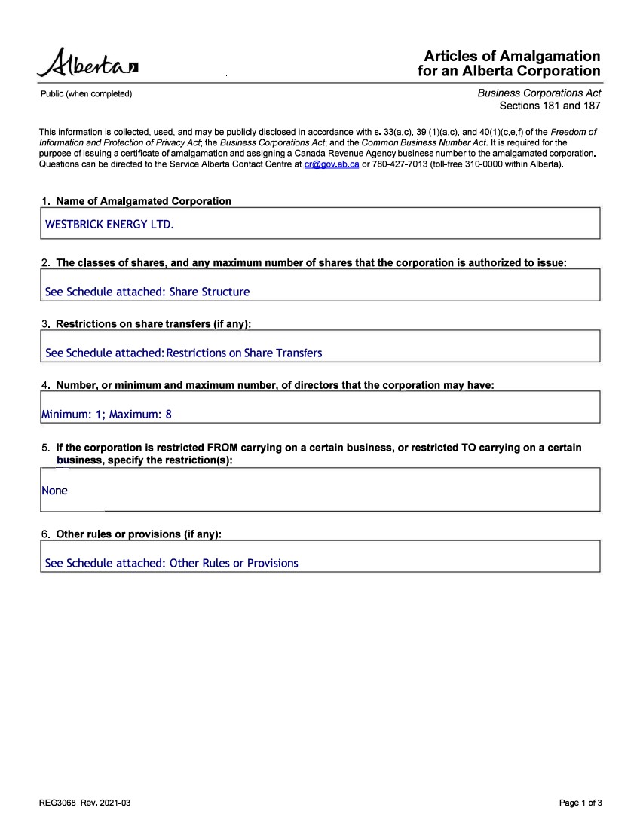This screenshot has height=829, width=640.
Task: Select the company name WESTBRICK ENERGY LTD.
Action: pos(109,224)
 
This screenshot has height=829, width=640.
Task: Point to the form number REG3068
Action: pos(58,803)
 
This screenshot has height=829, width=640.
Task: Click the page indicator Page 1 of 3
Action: pos(580,803)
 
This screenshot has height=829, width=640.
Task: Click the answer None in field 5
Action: pos(54,491)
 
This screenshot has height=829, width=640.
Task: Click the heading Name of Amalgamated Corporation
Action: pos(143,201)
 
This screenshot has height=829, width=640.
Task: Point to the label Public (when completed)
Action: pos(86,94)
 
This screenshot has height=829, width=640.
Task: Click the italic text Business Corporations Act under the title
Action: pos(539,93)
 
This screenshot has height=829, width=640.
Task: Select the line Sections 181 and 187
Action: pos(550,106)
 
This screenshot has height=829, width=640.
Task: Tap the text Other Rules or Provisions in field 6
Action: pos(234,563)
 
